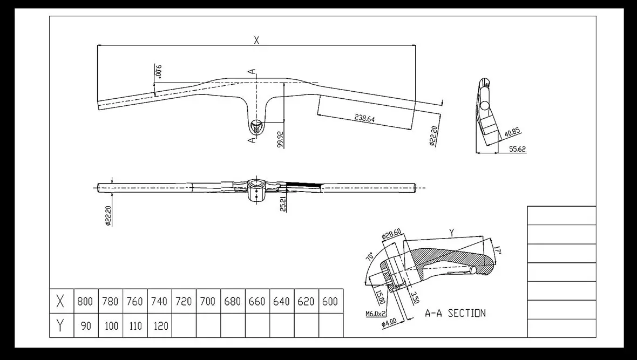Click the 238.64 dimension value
click(364, 118)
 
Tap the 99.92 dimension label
click(281, 139)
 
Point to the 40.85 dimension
click(512, 132)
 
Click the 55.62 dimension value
click(518, 149)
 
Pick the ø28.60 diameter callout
click(391, 234)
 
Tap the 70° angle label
click(369, 256)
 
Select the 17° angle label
click(498, 249)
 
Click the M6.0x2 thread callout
click(375, 314)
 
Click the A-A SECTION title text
click(455, 313)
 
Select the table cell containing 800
click(86, 301)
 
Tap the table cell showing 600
click(331, 301)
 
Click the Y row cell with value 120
click(160, 325)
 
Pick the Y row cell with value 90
click(86, 325)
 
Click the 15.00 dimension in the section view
click(381, 297)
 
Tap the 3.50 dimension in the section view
click(415, 297)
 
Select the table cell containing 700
click(208, 301)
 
